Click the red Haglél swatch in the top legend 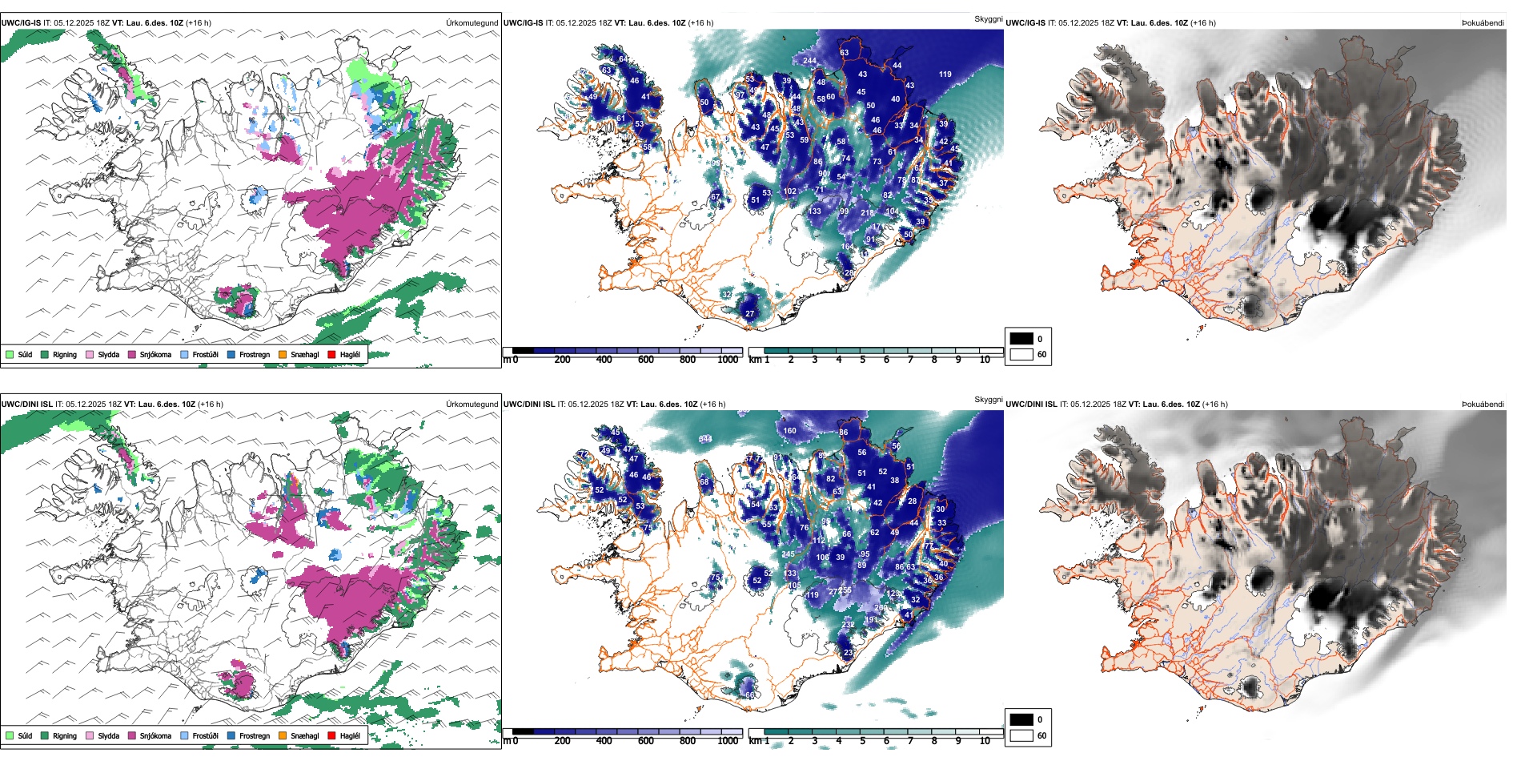tap(331, 354)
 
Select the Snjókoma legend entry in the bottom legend tap(155, 735)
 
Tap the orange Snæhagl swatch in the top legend tap(283, 354)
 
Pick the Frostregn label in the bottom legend tap(255, 735)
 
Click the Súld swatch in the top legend tap(10, 354)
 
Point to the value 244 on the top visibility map tap(809, 61)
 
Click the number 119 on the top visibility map tap(945, 74)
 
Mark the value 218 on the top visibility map tap(867, 213)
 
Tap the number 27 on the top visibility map tap(750, 314)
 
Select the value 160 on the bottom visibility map tap(790, 431)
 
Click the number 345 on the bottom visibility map tap(705, 439)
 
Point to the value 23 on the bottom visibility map tap(849, 653)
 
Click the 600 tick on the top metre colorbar tap(646, 360)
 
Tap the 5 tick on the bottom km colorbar tap(863, 741)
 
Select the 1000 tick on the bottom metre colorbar tap(728, 741)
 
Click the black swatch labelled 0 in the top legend tap(1021, 339)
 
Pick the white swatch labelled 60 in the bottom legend tap(1021, 735)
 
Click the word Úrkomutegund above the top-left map tap(472, 23)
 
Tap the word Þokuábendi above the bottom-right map tap(1483, 405)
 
